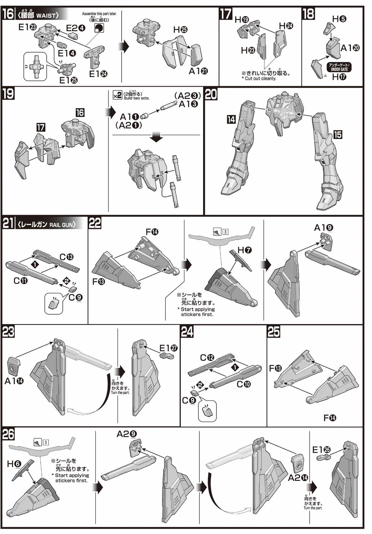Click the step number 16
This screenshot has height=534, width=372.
8,14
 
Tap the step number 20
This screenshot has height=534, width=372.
211,94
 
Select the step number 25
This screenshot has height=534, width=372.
274,332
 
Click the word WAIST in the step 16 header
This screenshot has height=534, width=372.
47,16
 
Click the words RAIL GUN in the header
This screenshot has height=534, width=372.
62,224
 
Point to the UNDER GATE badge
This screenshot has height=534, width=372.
339,67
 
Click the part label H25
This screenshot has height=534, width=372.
180,30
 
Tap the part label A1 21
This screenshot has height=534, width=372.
198,71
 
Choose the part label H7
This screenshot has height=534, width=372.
245,250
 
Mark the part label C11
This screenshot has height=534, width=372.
21,281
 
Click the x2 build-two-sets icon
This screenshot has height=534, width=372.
117,95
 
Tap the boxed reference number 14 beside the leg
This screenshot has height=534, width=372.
231,119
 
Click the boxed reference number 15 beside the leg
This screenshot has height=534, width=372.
337,134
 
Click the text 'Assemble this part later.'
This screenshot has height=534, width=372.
99,14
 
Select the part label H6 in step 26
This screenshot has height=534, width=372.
14,464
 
